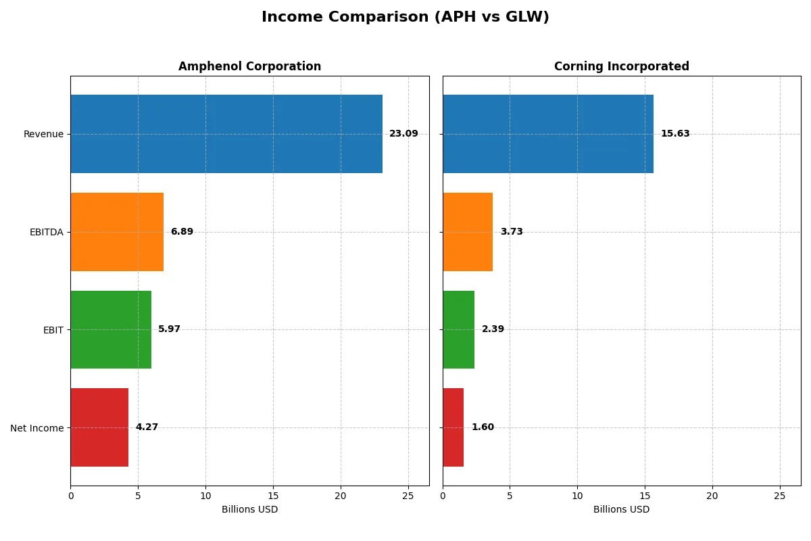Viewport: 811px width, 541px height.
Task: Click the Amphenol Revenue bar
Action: pyautogui.click(x=226, y=134)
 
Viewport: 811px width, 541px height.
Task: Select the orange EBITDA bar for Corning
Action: pyautogui.click(x=468, y=232)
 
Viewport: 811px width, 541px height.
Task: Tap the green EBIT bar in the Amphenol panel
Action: pyautogui.click(x=111, y=329)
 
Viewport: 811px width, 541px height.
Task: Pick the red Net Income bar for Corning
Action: pyautogui.click(x=453, y=427)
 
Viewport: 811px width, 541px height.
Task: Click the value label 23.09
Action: pyautogui.click(x=403, y=134)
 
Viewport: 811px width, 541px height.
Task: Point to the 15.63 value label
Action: pyautogui.click(x=675, y=134)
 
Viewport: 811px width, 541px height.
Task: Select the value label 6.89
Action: pyautogui.click(x=182, y=232)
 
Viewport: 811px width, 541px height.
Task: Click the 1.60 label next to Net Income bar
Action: pyautogui.click(x=483, y=427)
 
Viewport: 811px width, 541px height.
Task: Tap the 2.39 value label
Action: pyautogui.click(x=493, y=329)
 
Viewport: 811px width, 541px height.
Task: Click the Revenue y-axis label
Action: pyautogui.click(x=43, y=134)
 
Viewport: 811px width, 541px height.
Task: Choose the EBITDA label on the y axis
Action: pyautogui.click(x=47, y=232)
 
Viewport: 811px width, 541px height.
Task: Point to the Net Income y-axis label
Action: pyautogui.click(x=37, y=427)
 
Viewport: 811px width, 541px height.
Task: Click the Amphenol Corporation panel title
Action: pyautogui.click(x=249, y=66)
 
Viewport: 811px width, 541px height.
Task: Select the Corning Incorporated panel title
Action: pyautogui.click(x=621, y=66)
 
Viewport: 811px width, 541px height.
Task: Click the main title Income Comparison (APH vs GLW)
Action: pyautogui.click(x=405, y=17)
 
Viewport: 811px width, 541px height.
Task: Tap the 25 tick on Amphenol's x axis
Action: pyautogui.click(x=408, y=496)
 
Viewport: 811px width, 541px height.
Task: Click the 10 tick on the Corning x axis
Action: pyautogui.click(x=577, y=496)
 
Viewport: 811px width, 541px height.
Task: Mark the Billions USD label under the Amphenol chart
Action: pyautogui.click(x=249, y=509)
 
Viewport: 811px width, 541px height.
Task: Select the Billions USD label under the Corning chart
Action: pyautogui.click(x=621, y=509)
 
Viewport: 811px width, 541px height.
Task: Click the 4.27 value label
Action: pyautogui.click(x=147, y=427)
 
